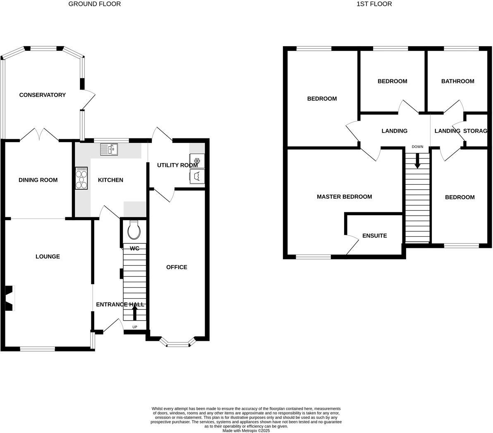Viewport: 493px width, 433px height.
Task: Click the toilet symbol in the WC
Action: pyautogui.click(x=134, y=230)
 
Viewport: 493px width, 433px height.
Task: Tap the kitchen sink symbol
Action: pyautogui.click(x=109, y=149)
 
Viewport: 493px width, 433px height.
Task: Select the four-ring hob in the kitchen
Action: pyautogui.click(x=81, y=178)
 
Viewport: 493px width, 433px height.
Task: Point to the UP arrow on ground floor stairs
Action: pyautogui.click(x=134, y=312)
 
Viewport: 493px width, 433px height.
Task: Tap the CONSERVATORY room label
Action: pyautogui.click(x=42, y=95)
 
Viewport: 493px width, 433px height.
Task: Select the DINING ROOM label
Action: pyautogui.click(x=38, y=180)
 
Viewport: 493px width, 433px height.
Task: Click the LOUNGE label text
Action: pyautogui.click(x=48, y=257)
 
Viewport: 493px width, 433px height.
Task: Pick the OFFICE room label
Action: pyautogui.click(x=177, y=267)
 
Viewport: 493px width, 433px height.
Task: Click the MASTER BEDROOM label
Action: pyautogui.click(x=344, y=197)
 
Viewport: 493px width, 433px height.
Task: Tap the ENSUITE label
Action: pyautogui.click(x=374, y=236)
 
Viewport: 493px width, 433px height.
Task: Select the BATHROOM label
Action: pyautogui.click(x=457, y=81)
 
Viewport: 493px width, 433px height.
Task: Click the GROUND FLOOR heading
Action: pyautogui.click(x=94, y=4)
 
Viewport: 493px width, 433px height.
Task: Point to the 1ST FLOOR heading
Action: pyautogui.click(x=374, y=4)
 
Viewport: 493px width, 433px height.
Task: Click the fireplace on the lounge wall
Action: pyautogui.click(x=9, y=297)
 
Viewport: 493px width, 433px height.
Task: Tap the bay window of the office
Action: pyautogui.click(x=178, y=343)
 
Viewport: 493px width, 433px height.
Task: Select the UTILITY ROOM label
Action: pyautogui.click(x=177, y=165)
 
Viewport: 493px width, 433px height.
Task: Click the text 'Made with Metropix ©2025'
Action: pyautogui.click(x=246, y=430)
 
